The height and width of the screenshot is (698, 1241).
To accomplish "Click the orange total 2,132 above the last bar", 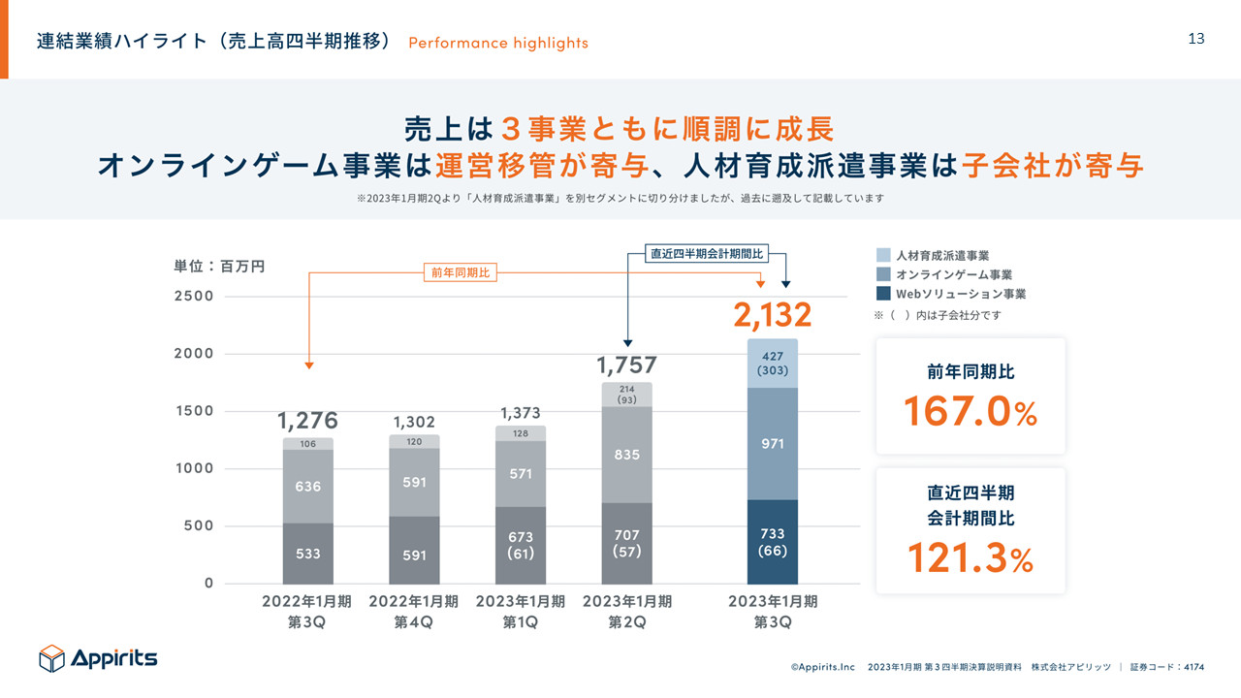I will (772, 315).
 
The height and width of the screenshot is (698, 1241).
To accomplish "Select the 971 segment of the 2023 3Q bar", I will (773, 443).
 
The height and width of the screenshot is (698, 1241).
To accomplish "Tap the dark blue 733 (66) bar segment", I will (773, 542).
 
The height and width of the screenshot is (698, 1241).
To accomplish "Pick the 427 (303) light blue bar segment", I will (773, 364).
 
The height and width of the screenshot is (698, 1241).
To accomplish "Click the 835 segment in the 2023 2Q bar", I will (627, 455).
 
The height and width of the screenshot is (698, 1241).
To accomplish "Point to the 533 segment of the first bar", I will (308, 554).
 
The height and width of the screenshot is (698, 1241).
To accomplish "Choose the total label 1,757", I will (626, 365).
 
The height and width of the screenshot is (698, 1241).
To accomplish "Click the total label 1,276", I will (308, 421).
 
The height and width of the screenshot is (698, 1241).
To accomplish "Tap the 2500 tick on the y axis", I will (194, 296).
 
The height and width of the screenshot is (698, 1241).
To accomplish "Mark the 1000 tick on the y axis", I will (194, 468).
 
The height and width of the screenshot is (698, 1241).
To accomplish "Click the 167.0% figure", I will (970, 411).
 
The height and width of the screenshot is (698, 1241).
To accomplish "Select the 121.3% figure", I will (970, 557).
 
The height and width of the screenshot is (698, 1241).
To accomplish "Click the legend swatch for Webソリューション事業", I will (883, 294).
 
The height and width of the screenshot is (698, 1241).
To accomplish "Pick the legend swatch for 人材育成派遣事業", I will (883, 255).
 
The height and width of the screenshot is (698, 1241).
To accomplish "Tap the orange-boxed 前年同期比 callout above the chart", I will (461, 273).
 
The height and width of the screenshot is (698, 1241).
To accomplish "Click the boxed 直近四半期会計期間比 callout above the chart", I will (707, 254).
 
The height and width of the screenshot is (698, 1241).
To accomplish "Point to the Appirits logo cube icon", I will (51, 658).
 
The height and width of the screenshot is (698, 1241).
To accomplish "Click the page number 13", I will (1196, 39).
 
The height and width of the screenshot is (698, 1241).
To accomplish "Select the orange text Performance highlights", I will (498, 43).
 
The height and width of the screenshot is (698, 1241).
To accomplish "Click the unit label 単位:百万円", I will (219, 265).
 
